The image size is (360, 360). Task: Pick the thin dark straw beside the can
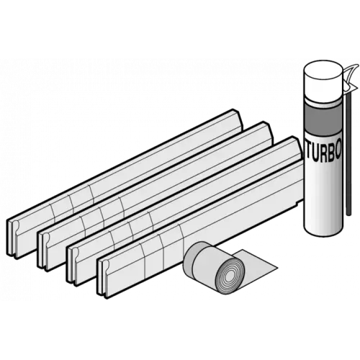pyautogui.click(x=348, y=153)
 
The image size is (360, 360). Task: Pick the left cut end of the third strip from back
pyautogui.click(x=73, y=265)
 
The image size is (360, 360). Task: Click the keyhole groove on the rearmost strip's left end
pyautogui.click(x=17, y=225)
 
